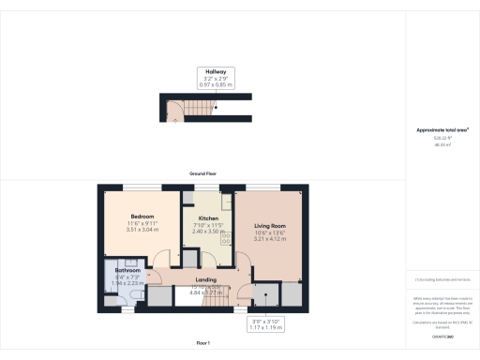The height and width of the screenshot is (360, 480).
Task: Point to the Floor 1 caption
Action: pos(202,344)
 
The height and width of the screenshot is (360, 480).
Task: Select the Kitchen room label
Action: pos(207,219)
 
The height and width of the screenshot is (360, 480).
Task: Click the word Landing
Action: pos(205,279)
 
